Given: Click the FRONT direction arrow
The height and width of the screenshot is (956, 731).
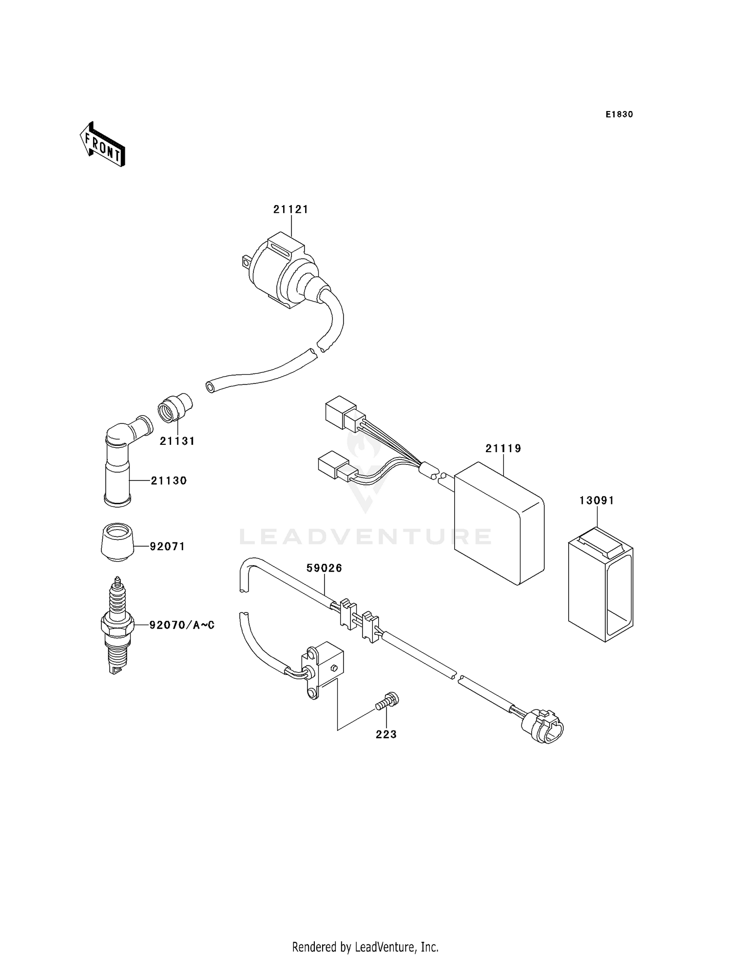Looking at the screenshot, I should tap(103, 145).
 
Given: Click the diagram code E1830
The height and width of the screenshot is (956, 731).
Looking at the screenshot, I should tap(619, 115).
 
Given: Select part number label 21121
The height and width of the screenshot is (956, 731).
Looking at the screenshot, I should tap(290, 210).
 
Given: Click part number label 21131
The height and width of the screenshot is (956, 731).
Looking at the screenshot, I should tap(177, 441).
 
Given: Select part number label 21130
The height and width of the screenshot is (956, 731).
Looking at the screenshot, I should tap(169, 481).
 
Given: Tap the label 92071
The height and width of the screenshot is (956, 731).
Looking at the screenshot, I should tap(167, 547).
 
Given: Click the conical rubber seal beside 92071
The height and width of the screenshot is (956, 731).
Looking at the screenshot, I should tap(117, 541).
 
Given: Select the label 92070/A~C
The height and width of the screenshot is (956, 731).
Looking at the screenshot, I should tap(182, 625).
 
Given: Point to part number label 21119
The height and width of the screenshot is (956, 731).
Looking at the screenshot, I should tap(503, 448).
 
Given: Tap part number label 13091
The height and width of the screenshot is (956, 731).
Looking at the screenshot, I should tap(596, 500).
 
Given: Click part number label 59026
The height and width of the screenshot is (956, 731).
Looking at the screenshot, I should tap(324, 568).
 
